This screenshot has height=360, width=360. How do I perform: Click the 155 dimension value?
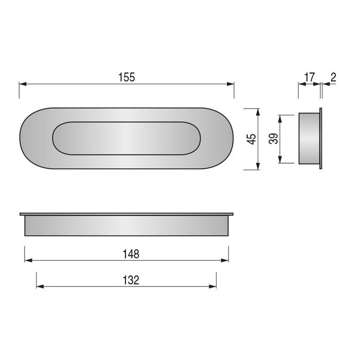[x=127, y=77]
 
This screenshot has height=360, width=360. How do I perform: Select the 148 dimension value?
[x=132, y=254]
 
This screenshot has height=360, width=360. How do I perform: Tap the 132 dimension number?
[x=132, y=280]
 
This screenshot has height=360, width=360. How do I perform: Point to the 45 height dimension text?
[x=251, y=139]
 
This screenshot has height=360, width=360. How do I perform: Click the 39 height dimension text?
[x=274, y=139]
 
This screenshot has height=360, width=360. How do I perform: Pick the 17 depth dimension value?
[x=309, y=77]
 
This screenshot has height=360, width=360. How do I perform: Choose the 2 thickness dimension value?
[x=333, y=77]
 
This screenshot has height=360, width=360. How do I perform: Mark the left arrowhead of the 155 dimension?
[x=22, y=83]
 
